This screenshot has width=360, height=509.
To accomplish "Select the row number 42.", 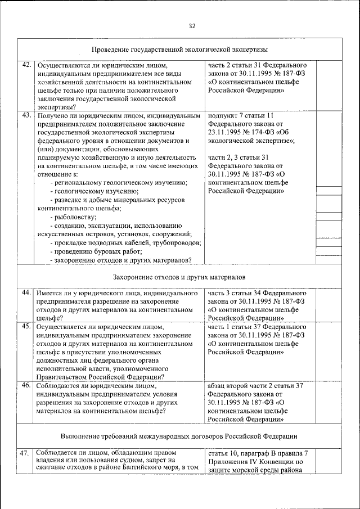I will coord(26,65).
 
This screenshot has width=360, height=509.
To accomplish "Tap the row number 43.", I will coord(26,115).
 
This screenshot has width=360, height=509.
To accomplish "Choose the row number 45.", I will coord(26,326).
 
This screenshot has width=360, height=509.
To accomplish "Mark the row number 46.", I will coord(26,386).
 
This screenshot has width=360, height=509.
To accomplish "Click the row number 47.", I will coord(26,453).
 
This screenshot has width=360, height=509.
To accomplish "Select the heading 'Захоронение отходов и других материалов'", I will coord(179,278).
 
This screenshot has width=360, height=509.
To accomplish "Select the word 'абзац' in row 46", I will coord(218,386).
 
